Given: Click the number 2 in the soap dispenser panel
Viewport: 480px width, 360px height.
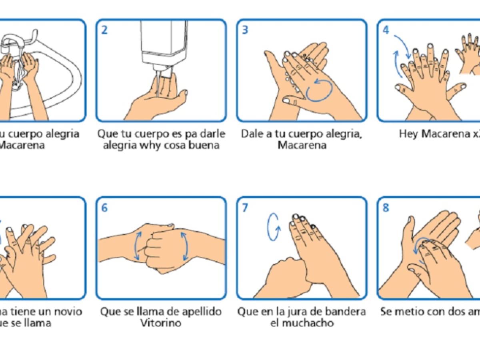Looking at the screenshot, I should point(104,30).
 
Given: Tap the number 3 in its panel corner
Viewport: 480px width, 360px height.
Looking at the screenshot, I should point(245,30).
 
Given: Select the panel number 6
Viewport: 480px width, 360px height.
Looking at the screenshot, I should point(104,208).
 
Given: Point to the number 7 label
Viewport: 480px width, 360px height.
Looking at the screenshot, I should point(245,208).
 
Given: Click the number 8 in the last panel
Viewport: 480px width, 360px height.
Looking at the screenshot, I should point(386,208).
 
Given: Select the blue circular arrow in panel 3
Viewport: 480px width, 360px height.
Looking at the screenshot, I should point(319,89).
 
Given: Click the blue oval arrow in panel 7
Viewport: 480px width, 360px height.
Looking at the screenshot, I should point(274,228).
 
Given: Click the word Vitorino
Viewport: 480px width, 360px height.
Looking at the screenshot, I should point(161,322).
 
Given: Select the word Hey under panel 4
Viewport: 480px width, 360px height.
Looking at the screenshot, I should point(408,134).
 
